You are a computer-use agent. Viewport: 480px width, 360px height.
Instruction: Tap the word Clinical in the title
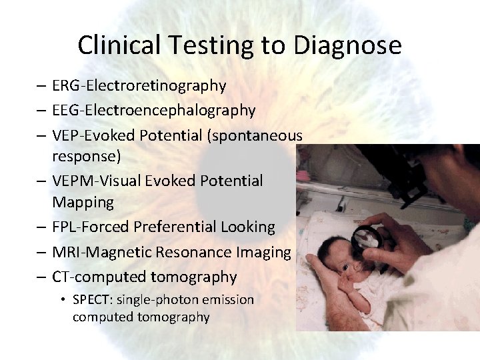coord(120,45)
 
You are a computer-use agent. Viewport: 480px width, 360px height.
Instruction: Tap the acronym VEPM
coord(72,181)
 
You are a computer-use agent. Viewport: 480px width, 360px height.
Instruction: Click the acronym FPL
coord(65,227)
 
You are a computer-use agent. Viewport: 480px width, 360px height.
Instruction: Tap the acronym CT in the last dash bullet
coord(61,277)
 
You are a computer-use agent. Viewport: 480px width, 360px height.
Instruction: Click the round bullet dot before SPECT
coord(63,300)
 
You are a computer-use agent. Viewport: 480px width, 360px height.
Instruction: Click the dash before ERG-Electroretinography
coord(41,86)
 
